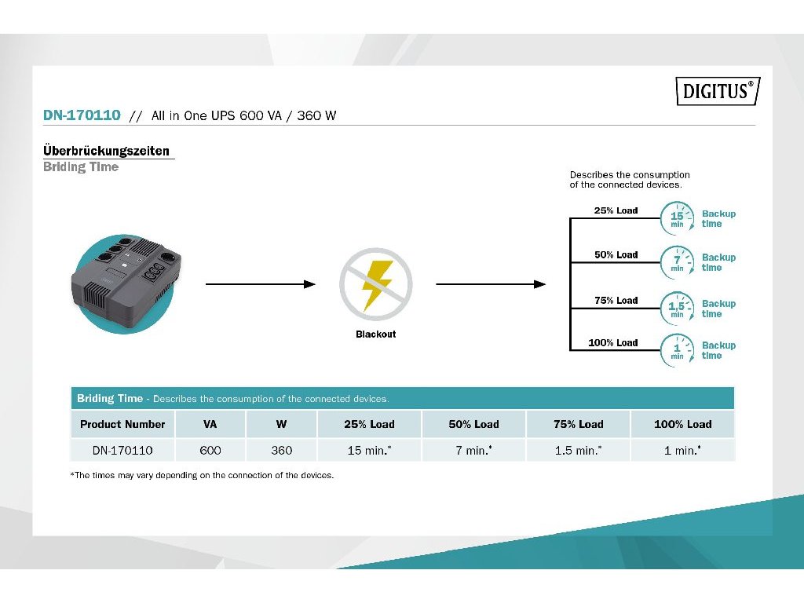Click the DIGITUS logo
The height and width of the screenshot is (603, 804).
coord(718,91)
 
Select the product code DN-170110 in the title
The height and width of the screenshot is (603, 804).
coord(82,115)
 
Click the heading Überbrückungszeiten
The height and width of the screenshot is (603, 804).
coord(106,151)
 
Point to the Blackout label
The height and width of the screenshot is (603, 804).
coord(376,334)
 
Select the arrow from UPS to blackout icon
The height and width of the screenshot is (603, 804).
coord(260,283)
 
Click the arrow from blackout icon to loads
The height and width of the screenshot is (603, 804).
coord(490,283)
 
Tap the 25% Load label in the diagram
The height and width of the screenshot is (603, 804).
coord(616,210)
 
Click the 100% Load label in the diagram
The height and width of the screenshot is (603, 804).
coord(613,342)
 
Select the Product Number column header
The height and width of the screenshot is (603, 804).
coord(122,424)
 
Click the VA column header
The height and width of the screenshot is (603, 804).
coord(210,424)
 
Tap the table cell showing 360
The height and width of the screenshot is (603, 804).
coord(281,450)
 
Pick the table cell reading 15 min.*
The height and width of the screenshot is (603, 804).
coord(369,450)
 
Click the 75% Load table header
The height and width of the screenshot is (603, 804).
coord(578,424)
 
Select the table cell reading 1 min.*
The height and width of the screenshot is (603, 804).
coord(682,450)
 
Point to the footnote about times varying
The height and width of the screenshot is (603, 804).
coord(202,475)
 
